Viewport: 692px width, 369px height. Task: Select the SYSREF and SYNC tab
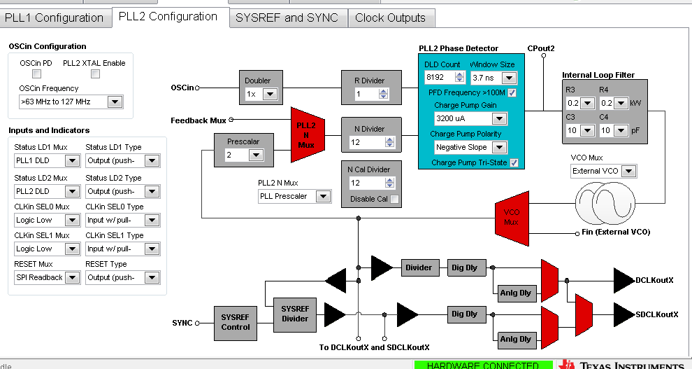(x=287, y=18)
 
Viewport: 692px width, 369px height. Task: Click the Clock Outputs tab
(x=390, y=18)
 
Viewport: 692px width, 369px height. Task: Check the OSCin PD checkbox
(x=36, y=74)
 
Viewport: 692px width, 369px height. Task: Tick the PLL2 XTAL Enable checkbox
(x=95, y=74)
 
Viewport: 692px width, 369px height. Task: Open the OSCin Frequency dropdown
(x=71, y=103)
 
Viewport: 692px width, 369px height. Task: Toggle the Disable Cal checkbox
(x=395, y=200)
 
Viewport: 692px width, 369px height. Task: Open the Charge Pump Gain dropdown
(x=470, y=118)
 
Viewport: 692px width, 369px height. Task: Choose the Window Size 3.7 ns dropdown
(x=493, y=78)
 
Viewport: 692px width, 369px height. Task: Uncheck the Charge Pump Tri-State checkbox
(x=514, y=163)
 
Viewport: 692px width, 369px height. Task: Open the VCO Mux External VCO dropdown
(x=603, y=171)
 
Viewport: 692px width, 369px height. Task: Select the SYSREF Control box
(x=236, y=322)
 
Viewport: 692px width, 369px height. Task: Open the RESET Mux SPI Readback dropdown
(x=47, y=278)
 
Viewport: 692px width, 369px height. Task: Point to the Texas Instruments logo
(x=622, y=364)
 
